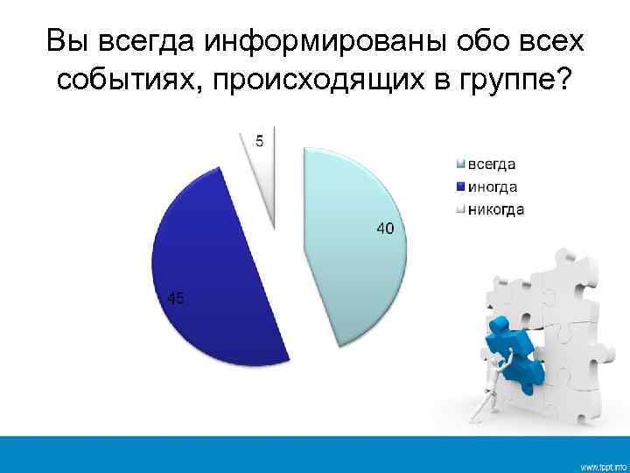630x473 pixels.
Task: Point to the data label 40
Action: (x=385, y=229)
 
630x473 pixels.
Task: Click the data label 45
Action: (x=175, y=299)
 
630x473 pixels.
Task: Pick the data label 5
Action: (x=259, y=141)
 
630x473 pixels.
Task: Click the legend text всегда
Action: (x=492, y=164)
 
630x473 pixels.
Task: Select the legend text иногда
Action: (x=493, y=187)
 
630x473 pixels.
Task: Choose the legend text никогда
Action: (x=496, y=209)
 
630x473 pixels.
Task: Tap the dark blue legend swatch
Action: (x=460, y=187)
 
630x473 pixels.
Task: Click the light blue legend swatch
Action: (x=460, y=164)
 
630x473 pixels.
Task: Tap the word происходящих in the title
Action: (x=302, y=81)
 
